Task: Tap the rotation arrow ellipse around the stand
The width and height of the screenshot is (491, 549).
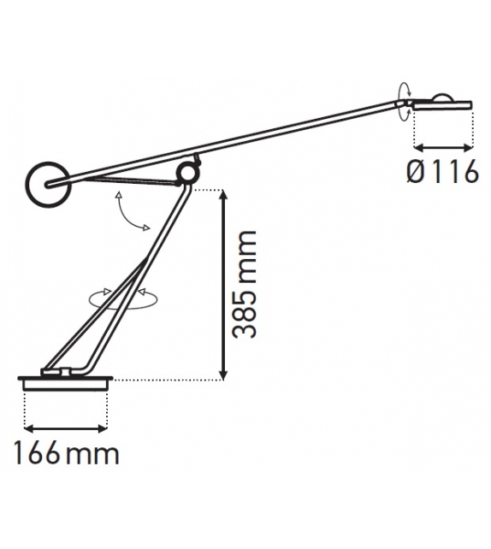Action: [x=124, y=297]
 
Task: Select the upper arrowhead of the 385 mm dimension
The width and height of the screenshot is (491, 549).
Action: [x=223, y=195]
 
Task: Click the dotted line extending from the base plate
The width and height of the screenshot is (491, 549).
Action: [x=163, y=379]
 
